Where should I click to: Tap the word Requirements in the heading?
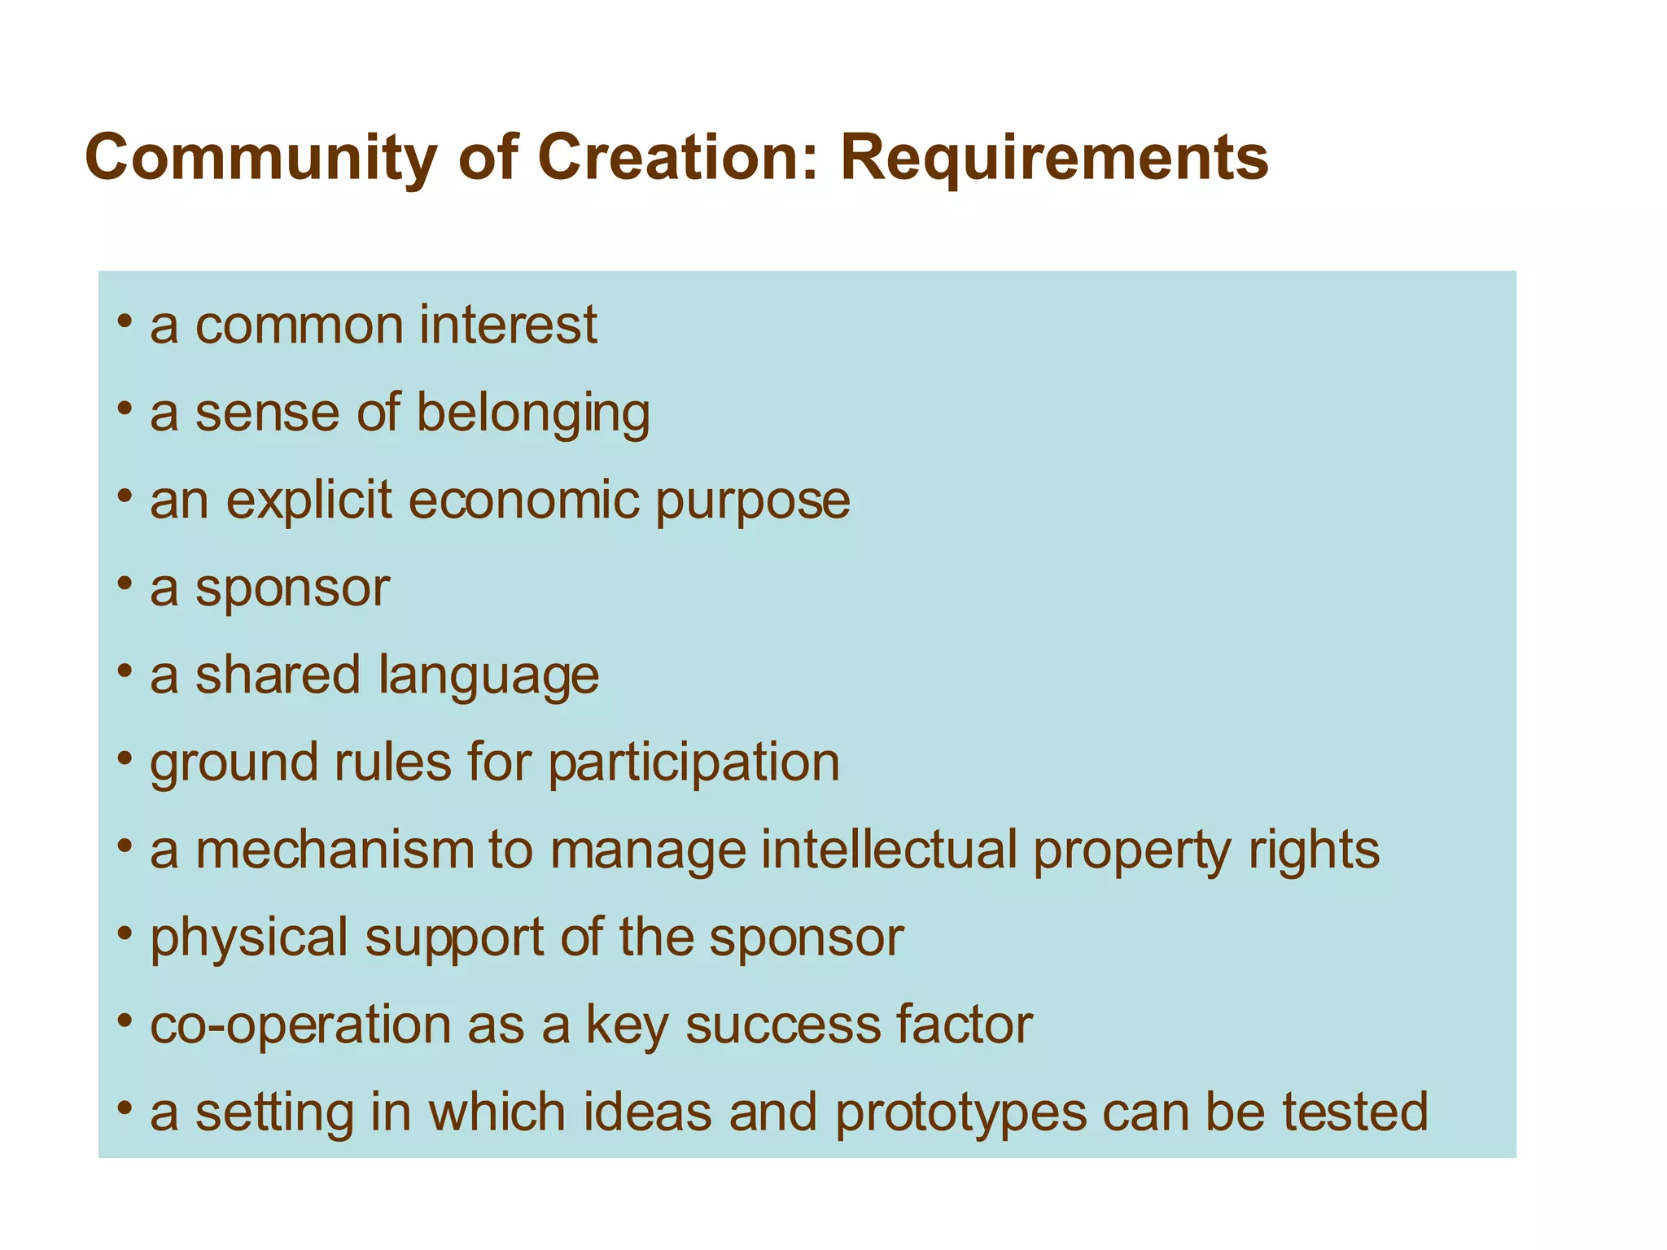pyautogui.click(x=1054, y=159)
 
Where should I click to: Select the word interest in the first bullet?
pyautogui.click(x=508, y=325)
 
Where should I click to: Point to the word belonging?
pyautogui.click(x=533, y=413)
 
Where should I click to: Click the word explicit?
pyautogui.click(x=309, y=500)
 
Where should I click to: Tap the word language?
pyautogui.click(x=489, y=676)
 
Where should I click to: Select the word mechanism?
pyautogui.click(x=335, y=850)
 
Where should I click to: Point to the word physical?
pyautogui.click(x=249, y=938)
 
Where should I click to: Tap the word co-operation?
pyautogui.click(x=300, y=1026)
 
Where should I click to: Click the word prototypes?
pyautogui.click(x=960, y=1114)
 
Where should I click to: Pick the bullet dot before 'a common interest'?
pyautogui.click(x=124, y=321)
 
